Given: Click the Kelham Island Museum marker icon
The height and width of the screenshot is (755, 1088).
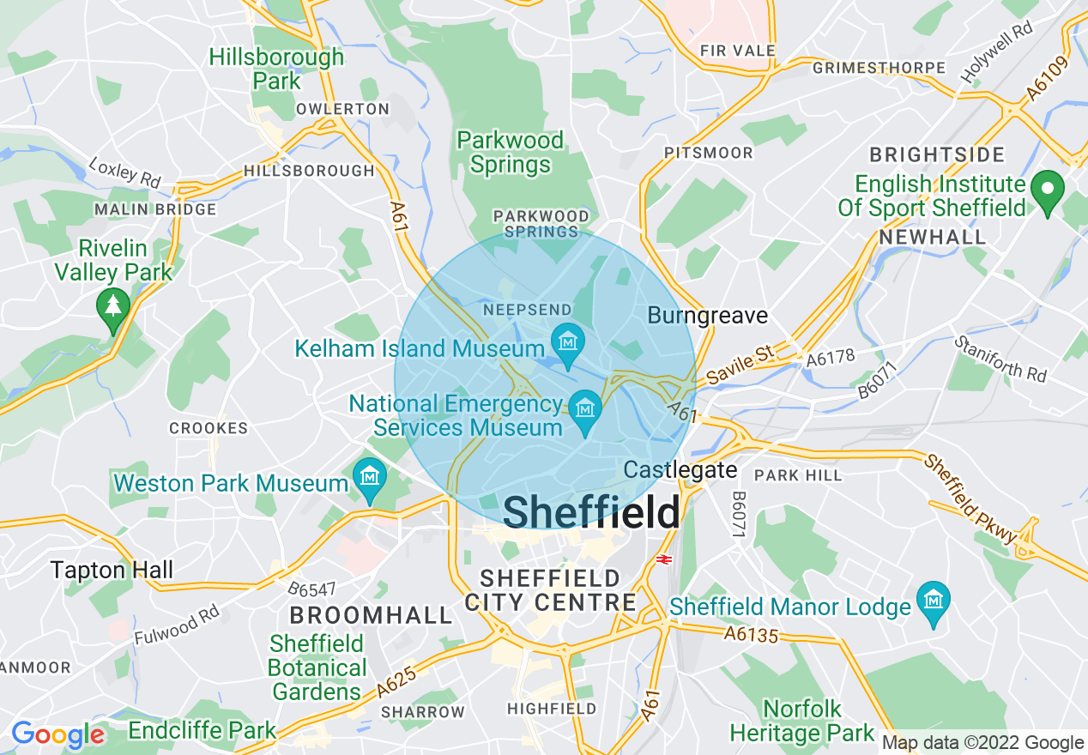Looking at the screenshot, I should coord(567,341).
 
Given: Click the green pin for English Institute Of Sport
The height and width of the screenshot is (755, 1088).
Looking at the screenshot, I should coord(1047,190).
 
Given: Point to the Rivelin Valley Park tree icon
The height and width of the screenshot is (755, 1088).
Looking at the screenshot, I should coord(113,306).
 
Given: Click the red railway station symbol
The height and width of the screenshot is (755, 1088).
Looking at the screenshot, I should coord(663,559).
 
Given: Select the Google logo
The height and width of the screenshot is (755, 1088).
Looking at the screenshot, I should coord(57,734).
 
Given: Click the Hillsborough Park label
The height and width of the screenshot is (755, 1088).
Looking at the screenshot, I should coord(276,69).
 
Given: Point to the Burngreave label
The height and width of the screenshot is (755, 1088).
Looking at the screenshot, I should coord(707,316).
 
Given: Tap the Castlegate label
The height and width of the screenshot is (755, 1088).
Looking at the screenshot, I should coord(680,470).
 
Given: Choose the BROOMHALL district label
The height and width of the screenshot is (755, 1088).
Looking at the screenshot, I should coord(371,615).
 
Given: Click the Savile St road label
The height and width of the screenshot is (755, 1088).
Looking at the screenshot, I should coord(740,365).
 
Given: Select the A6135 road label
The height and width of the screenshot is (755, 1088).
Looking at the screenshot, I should coord(750,634).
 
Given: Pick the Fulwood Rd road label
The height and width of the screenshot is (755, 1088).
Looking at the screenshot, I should coord(177,625).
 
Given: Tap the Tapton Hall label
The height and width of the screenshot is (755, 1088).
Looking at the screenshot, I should coord(112,570).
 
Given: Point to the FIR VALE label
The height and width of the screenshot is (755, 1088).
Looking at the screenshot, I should coord(738,51).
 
